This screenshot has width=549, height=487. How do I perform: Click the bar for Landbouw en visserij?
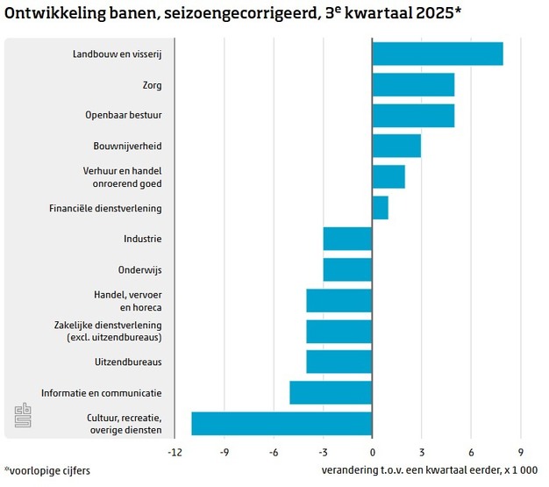point(437,54)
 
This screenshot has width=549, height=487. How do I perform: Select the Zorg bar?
point(413,85)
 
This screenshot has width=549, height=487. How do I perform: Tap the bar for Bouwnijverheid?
point(396,146)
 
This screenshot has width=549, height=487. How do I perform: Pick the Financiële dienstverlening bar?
point(380,208)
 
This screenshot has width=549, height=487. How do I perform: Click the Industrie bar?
point(347,239)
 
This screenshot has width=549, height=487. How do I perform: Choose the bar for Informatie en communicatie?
point(331,392)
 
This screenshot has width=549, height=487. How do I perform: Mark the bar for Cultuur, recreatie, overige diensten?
point(282,423)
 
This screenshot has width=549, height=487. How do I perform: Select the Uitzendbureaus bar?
point(339,362)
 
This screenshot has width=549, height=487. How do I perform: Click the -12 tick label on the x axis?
point(175,453)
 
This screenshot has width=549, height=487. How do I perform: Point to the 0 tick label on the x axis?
point(372,453)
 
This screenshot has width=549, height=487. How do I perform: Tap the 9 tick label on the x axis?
point(520,453)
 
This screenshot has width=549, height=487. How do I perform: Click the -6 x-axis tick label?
point(274,453)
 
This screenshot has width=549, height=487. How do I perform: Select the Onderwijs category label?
point(139,269)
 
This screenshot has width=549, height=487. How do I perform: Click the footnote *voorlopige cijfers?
point(47,470)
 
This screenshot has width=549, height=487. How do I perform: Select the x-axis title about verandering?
point(430,470)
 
